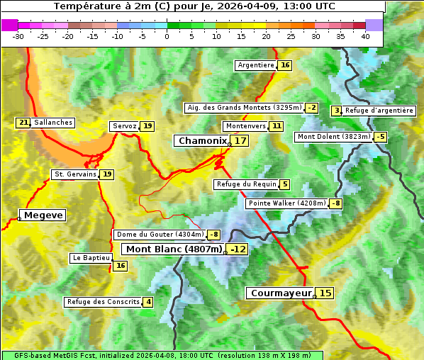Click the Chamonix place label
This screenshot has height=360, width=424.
[x=202, y=141]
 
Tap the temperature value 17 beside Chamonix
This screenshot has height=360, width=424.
[x=241, y=141]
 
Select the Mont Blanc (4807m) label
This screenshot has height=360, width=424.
[x=174, y=249]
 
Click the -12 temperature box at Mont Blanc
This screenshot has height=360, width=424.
[x=238, y=249]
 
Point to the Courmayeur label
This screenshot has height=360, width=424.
[x=281, y=293]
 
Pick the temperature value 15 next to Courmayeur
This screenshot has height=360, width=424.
[x=325, y=293]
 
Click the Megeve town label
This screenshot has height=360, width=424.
[x=43, y=215]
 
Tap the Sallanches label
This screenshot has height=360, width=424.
[x=53, y=123]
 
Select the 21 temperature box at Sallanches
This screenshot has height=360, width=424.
[x=23, y=123]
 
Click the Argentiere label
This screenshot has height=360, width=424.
[x=256, y=65]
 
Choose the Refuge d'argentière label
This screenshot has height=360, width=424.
[x=379, y=111]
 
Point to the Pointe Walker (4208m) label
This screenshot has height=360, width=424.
[x=287, y=203]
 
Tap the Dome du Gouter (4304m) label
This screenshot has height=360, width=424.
[x=160, y=235]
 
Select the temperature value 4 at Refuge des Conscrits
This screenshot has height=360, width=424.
[x=148, y=302]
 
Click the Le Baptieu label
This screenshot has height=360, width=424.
[x=91, y=258]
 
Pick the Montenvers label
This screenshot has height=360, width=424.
[x=245, y=126]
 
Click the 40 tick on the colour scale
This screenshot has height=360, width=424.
[x=365, y=36]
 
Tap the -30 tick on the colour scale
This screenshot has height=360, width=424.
[x=18, y=36]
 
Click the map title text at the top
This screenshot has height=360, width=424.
[x=194, y=6]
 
